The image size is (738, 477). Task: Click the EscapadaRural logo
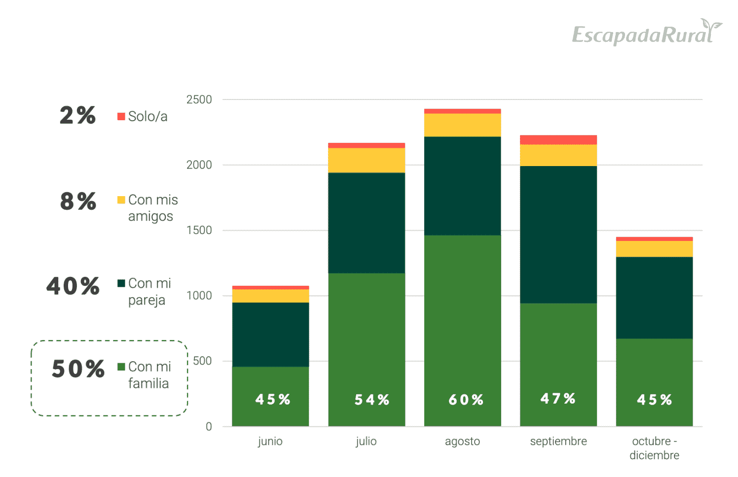[x=646, y=33]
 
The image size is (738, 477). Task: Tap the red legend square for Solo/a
[x=121, y=116]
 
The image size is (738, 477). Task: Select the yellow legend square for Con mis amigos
[x=121, y=200]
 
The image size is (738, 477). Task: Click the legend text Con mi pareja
[x=149, y=291]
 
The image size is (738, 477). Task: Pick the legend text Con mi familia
[x=149, y=375]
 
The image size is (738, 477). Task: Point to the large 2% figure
[x=77, y=116]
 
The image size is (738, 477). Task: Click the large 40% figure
[x=73, y=286]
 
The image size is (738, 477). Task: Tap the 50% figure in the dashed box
[x=78, y=369]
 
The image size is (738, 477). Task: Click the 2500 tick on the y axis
[x=199, y=100]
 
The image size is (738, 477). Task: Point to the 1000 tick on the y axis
[x=199, y=296]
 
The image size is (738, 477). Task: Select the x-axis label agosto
[x=462, y=441]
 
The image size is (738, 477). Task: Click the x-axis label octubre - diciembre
[x=654, y=448]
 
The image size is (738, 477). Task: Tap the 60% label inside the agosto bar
[x=466, y=400]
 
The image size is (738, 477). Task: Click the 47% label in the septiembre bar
[x=558, y=399]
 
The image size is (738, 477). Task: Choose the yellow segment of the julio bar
[x=367, y=160]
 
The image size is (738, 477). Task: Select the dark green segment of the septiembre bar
[x=558, y=235]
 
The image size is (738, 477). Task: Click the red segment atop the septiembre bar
[x=558, y=140]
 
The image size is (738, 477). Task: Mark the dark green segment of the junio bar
[x=270, y=334]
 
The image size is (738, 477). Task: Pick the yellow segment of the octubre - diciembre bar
[x=654, y=249]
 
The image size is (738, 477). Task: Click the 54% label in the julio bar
[x=372, y=400]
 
